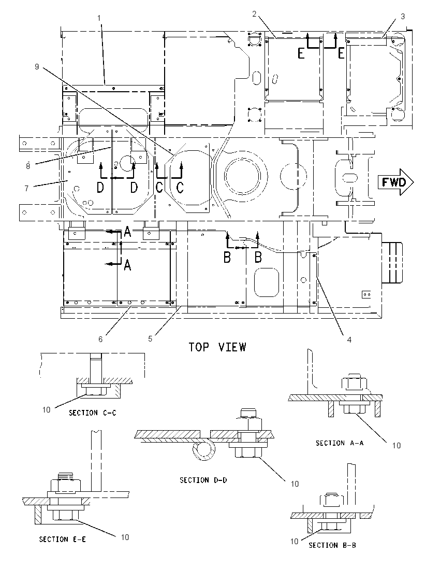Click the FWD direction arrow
coord(396,182)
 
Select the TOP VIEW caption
coord(217,347)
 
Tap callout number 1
coord(99,18)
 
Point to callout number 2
coord(254,14)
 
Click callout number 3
coord(403,16)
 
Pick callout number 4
coord(349,340)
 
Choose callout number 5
coord(150,339)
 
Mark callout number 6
coord(100,339)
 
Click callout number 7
coord(26,188)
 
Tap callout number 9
coord(37,67)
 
